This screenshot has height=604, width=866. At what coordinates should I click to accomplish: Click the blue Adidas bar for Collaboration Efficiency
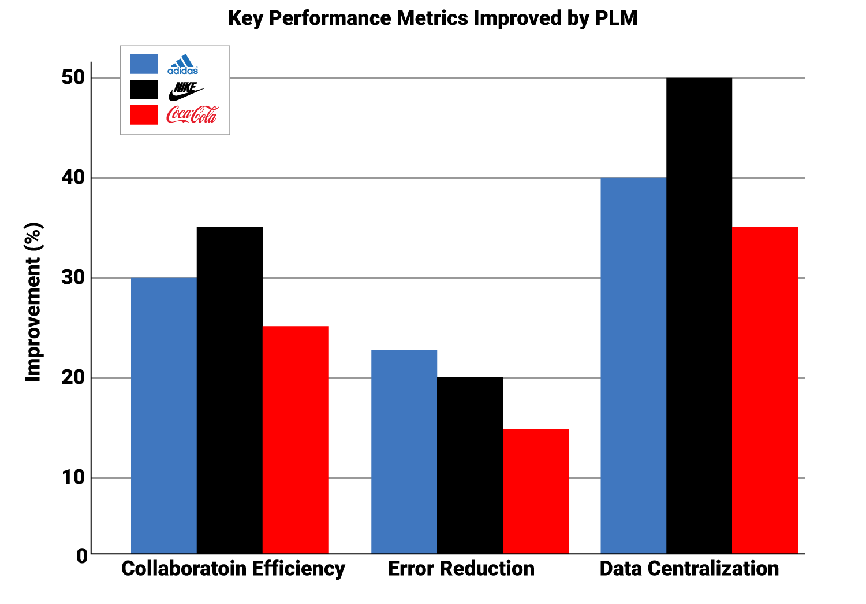tap(164, 416)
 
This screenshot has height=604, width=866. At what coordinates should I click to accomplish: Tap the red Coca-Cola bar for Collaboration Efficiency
tap(296, 440)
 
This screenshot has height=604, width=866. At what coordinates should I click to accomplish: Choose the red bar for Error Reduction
tap(536, 491)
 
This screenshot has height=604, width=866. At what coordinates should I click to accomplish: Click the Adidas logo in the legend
tap(183, 65)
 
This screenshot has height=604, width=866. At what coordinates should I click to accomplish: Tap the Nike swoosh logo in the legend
tap(186, 91)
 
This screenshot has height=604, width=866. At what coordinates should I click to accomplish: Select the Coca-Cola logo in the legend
tap(192, 114)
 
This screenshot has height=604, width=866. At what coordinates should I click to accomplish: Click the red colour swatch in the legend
tap(144, 114)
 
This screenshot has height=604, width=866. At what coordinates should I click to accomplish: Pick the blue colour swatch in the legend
tap(144, 64)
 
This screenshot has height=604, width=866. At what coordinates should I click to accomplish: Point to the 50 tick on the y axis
tap(73, 77)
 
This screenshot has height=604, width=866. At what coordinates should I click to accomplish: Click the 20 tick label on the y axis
tap(73, 378)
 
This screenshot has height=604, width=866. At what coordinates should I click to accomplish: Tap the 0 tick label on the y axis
tap(81, 556)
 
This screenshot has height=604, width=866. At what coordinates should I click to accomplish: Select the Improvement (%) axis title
tap(33, 302)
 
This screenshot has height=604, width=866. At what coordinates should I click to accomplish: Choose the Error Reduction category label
tap(461, 569)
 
